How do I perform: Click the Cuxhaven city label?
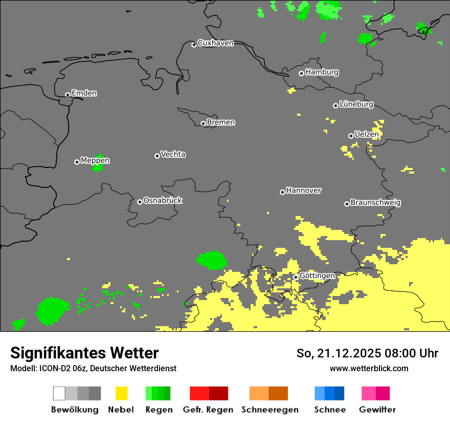(x=215, y=43)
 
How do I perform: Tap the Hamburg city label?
(x=322, y=72)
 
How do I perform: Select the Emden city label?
(x=84, y=93)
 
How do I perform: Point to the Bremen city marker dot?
(x=203, y=123)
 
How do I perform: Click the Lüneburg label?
(x=356, y=104)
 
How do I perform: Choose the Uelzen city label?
(x=366, y=135)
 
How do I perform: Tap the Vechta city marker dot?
(x=157, y=156)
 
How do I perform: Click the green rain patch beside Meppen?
(x=98, y=164)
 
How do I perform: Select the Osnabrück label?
(x=163, y=201)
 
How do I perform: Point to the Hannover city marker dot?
(x=282, y=192)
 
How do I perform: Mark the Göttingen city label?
(x=317, y=276)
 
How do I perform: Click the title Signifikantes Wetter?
(x=84, y=353)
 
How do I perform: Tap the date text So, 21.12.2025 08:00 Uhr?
(x=367, y=353)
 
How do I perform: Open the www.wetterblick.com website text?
(x=369, y=368)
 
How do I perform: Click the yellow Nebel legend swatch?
(x=122, y=393)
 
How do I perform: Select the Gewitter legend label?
(x=377, y=410)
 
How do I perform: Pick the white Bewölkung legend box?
(x=59, y=393)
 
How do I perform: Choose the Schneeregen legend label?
(x=270, y=410)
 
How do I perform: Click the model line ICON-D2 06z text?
(x=93, y=368)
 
